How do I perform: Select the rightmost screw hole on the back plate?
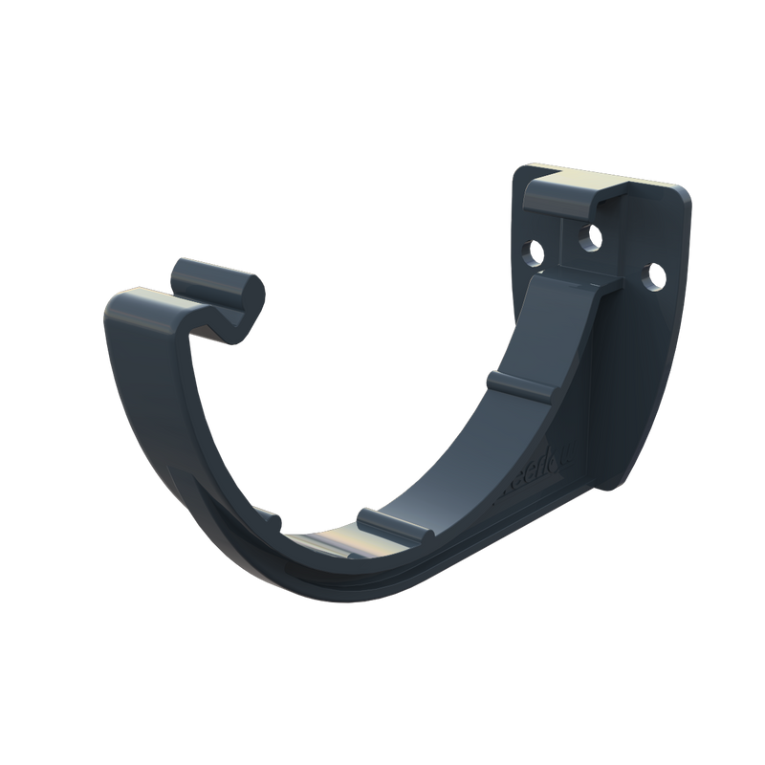(x=657, y=276)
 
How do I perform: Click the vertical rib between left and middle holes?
(x=564, y=239)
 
